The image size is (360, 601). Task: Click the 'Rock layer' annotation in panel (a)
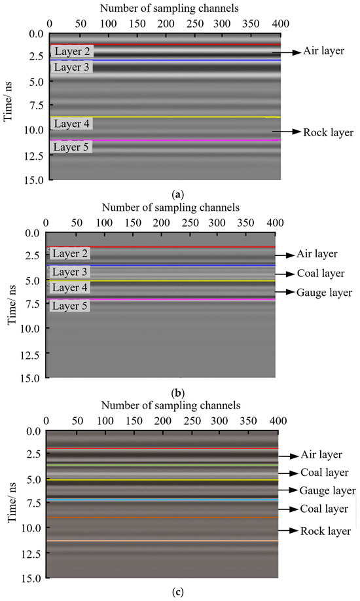click(x=328, y=132)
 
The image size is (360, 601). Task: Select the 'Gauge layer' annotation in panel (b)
click(x=325, y=292)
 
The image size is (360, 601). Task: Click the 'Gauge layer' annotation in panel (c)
click(x=327, y=490)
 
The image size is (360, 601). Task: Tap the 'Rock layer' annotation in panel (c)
click(x=325, y=531)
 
